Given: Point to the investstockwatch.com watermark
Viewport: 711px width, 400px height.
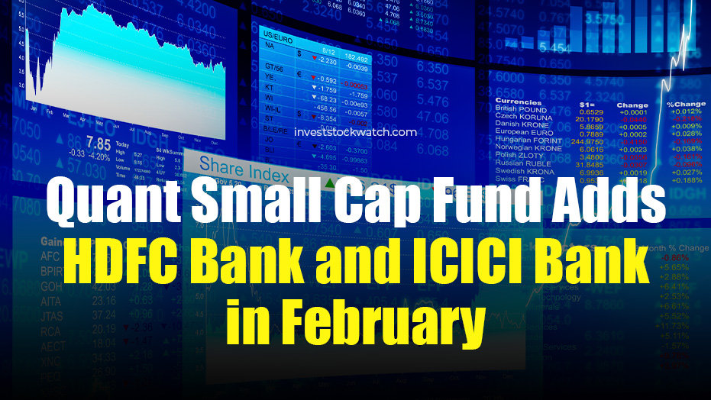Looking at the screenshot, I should tap(355, 132).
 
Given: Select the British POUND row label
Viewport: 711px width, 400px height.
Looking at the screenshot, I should tap(521, 110).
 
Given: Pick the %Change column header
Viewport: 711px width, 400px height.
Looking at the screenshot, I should tap(685, 105).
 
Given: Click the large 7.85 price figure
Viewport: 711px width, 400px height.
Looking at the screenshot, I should tap(99, 143).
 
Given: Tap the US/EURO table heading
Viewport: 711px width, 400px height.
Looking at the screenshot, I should tap(279, 35).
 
